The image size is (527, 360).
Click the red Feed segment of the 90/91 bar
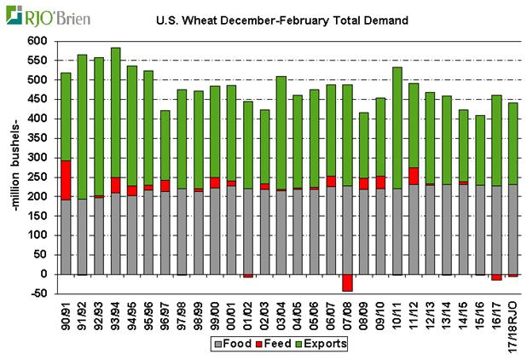66,180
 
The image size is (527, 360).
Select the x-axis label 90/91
66,311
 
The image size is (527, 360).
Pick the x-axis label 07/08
348,311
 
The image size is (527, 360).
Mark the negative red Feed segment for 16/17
496,276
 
